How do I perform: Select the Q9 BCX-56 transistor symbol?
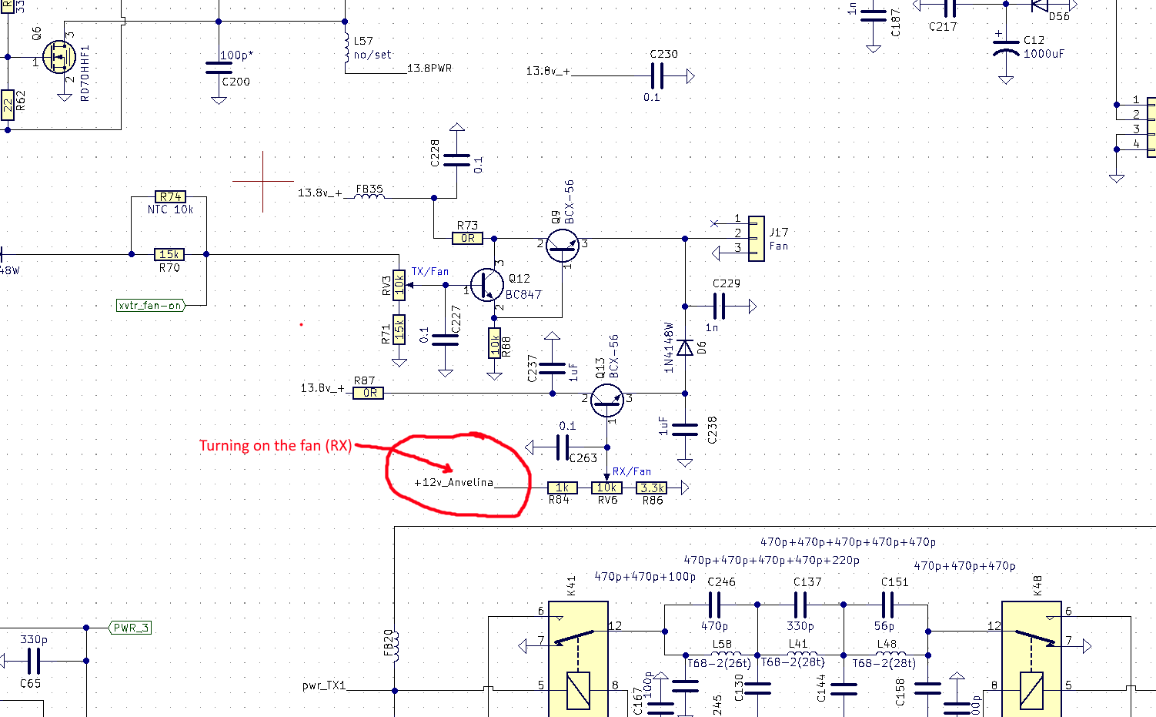pos(562,245)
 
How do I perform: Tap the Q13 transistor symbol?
pos(606,400)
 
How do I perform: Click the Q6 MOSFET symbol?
pos(57,58)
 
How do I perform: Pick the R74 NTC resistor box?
pos(169,197)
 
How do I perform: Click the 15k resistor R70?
pos(169,254)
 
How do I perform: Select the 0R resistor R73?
pos(467,239)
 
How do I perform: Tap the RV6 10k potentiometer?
pos(606,487)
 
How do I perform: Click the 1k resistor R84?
pos(562,487)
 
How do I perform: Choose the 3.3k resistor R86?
pos(652,487)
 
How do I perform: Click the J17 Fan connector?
pos(757,239)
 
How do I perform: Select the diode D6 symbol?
pos(685,347)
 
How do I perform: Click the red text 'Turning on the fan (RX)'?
pos(275,446)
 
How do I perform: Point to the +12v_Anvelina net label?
pos(453,483)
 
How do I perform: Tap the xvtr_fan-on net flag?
pos(151,305)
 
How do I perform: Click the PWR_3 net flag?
pos(130,628)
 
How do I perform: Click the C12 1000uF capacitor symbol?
pos(1006,47)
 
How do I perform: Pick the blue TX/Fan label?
pos(429,272)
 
